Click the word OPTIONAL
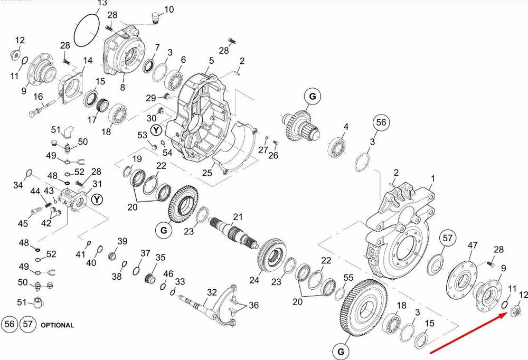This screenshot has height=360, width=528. coord(57,325)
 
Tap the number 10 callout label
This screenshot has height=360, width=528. coord(169,10)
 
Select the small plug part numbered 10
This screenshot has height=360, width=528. coord(155,18)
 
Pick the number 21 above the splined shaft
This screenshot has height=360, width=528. coord(238,217)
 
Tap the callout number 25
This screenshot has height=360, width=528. coord(207,173)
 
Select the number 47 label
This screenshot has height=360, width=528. coord(473,245)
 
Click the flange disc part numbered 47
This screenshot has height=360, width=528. coord(462,277)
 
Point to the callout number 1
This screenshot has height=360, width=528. coord(433,178)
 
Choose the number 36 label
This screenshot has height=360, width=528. coord(253,305)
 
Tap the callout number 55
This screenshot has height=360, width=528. coord(348,278)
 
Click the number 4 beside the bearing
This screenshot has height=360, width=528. coord(346,127)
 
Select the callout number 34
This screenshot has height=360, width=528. coord(18,185)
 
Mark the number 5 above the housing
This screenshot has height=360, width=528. coord(211,61)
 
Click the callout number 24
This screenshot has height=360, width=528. coord(254,280)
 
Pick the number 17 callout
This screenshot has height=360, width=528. coord(92,119)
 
